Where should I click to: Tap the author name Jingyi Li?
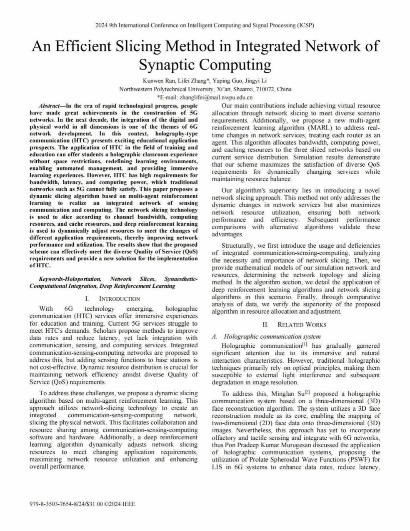tap(255, 81)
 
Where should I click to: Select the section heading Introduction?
tap(119, 299)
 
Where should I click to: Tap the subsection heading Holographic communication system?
tap(272, 336)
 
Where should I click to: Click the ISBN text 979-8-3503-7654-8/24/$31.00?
tap(66, 504)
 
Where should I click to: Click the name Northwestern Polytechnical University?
tap(165, 89)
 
